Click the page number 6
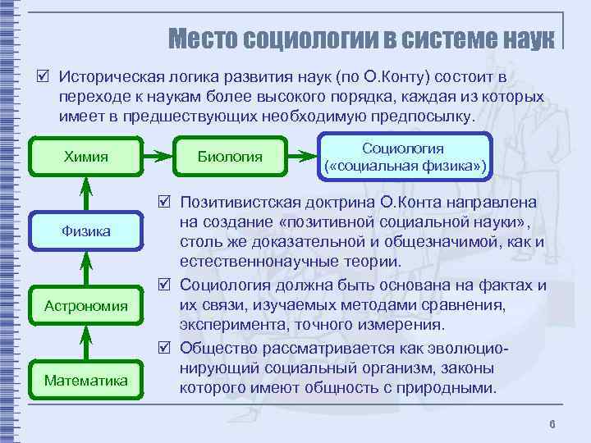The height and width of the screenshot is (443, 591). click(x=552, y=423)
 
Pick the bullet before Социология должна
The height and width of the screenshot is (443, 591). click(x=164, y=285)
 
